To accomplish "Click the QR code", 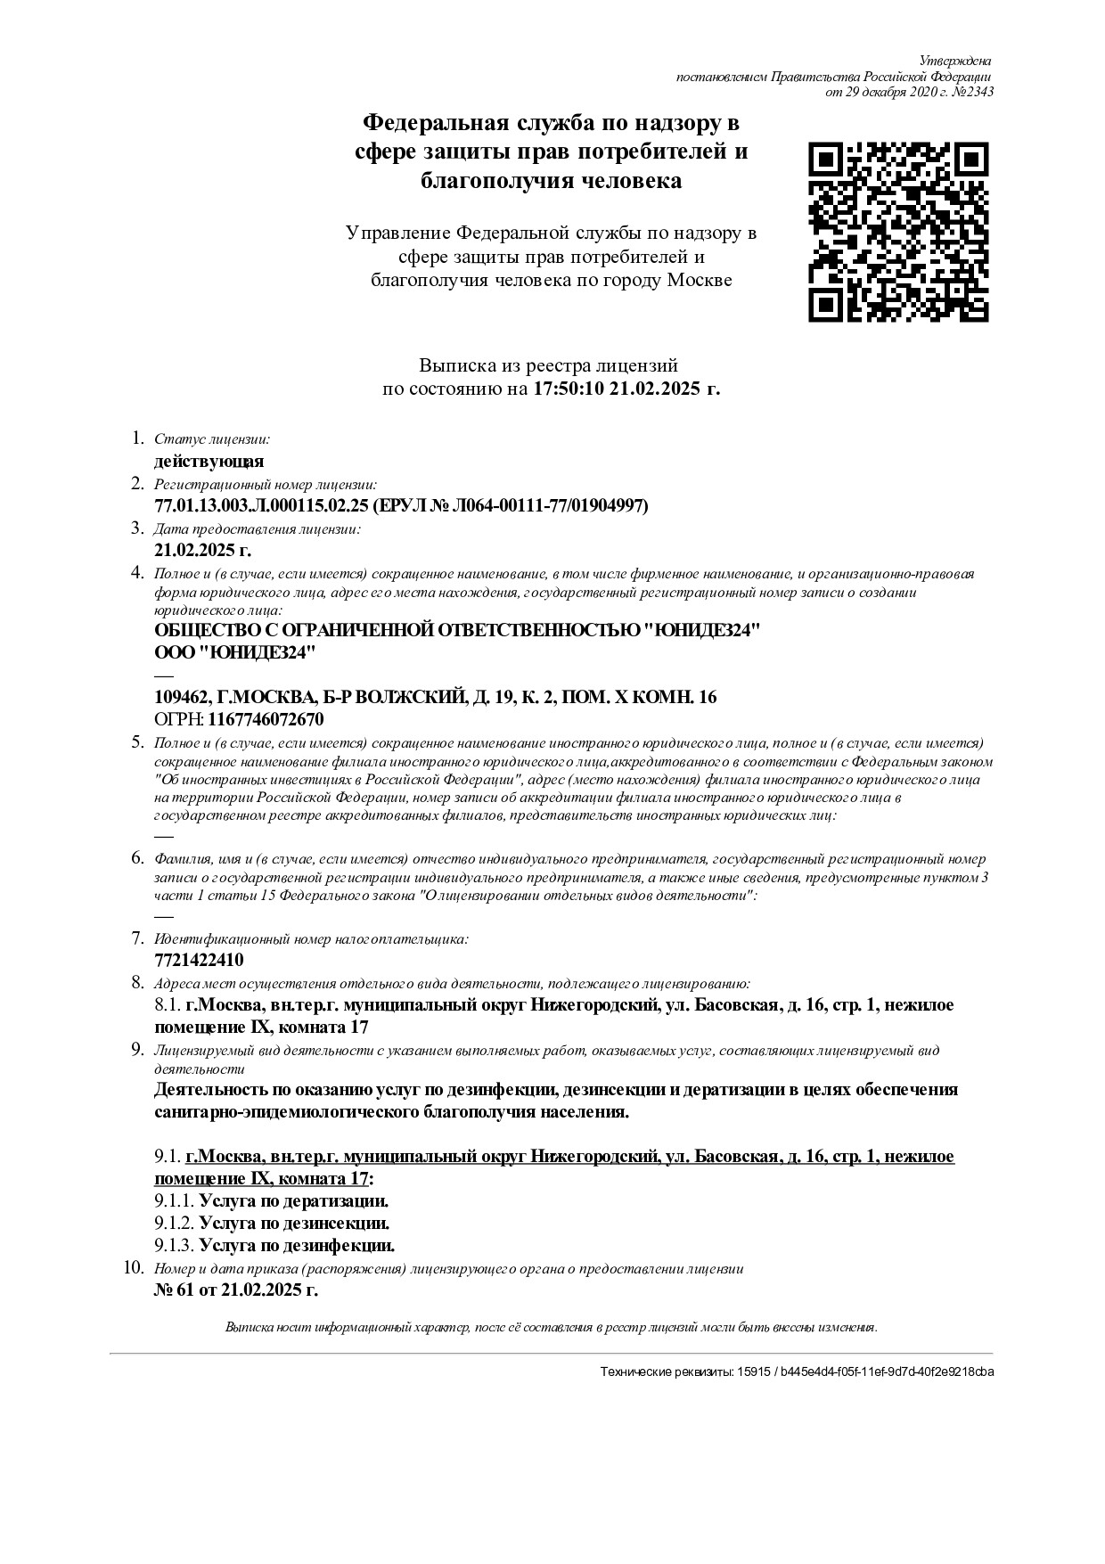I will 898,231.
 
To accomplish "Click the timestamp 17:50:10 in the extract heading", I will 569,389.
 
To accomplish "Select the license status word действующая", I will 209,462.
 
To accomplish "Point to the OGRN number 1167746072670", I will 266,719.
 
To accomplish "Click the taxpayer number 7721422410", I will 199,961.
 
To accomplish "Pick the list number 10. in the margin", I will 135,1267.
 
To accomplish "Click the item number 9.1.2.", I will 174,1224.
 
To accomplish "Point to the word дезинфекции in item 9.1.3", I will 342,1246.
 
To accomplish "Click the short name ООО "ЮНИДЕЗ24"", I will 235,653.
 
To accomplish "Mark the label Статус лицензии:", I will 213,439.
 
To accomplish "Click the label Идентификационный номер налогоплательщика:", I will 311,939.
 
